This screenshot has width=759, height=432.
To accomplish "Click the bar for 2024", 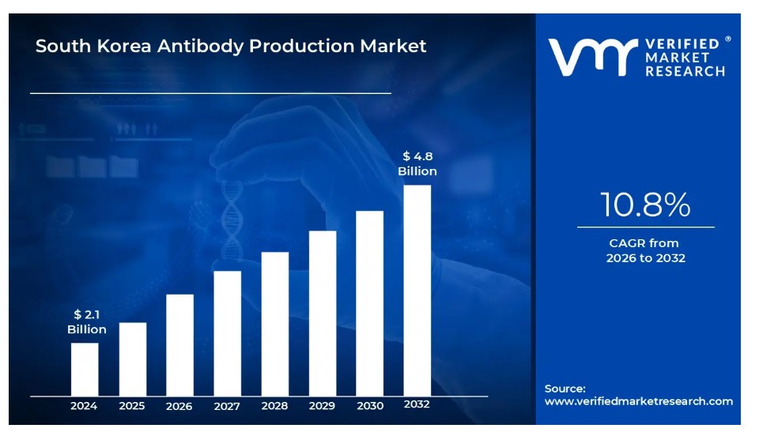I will pyautogui.click(x=85, y=369).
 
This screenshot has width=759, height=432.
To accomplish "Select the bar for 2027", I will pyautogui.click(x=228, y=332).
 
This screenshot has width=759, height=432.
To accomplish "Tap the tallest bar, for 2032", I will pyautogui.click(x=417, y=290).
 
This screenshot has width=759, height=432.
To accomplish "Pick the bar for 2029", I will pyautogui.click(x=323, y=313).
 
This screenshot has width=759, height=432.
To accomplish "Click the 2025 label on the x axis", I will pyautogui.click(x=132, y=406).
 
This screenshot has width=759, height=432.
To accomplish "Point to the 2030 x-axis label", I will pyautogui.click(x=369, y=406).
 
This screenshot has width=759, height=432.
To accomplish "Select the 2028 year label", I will pyautogui.click(x=274, y=406).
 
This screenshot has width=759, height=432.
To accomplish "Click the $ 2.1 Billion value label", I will pyautogui.click(x=86, y=321).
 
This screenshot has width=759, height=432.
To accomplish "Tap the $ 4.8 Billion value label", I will pyautogui.click(x=417, y=163).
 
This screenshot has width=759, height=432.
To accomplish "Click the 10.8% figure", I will pyautogui.click(x=645, y=205).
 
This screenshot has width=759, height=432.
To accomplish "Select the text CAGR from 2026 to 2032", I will pyautogui.click(x=645, y=250).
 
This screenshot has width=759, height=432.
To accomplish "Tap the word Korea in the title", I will pyautogui.click(x=126, y=46).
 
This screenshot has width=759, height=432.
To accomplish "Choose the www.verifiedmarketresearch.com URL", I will pyautogui.click(x=638, y=401).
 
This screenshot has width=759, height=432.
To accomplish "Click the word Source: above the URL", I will pyautogui.click(x=565, y=388).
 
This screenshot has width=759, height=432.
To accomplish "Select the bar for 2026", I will pyautogui.click(x=180, y=344).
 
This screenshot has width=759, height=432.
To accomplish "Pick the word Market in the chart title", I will pyautogui.click(x=393, y=46).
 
